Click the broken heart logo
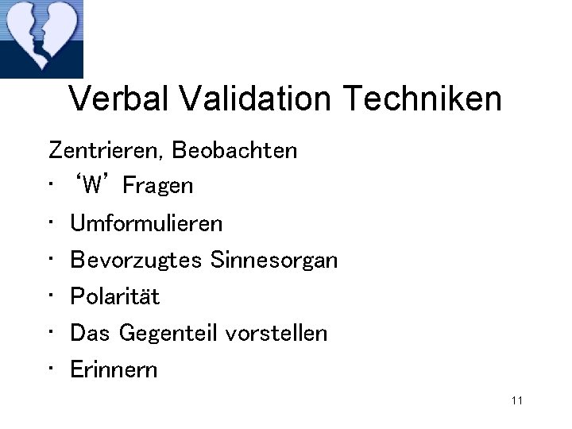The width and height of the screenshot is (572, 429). [41, 36]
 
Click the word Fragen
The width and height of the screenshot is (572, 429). [158, 186]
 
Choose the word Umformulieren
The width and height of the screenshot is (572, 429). [146, 223]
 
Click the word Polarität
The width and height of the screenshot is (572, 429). [114, 296]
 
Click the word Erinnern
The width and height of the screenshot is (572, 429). [114, 369]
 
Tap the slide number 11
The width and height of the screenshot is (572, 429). [517, 400]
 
